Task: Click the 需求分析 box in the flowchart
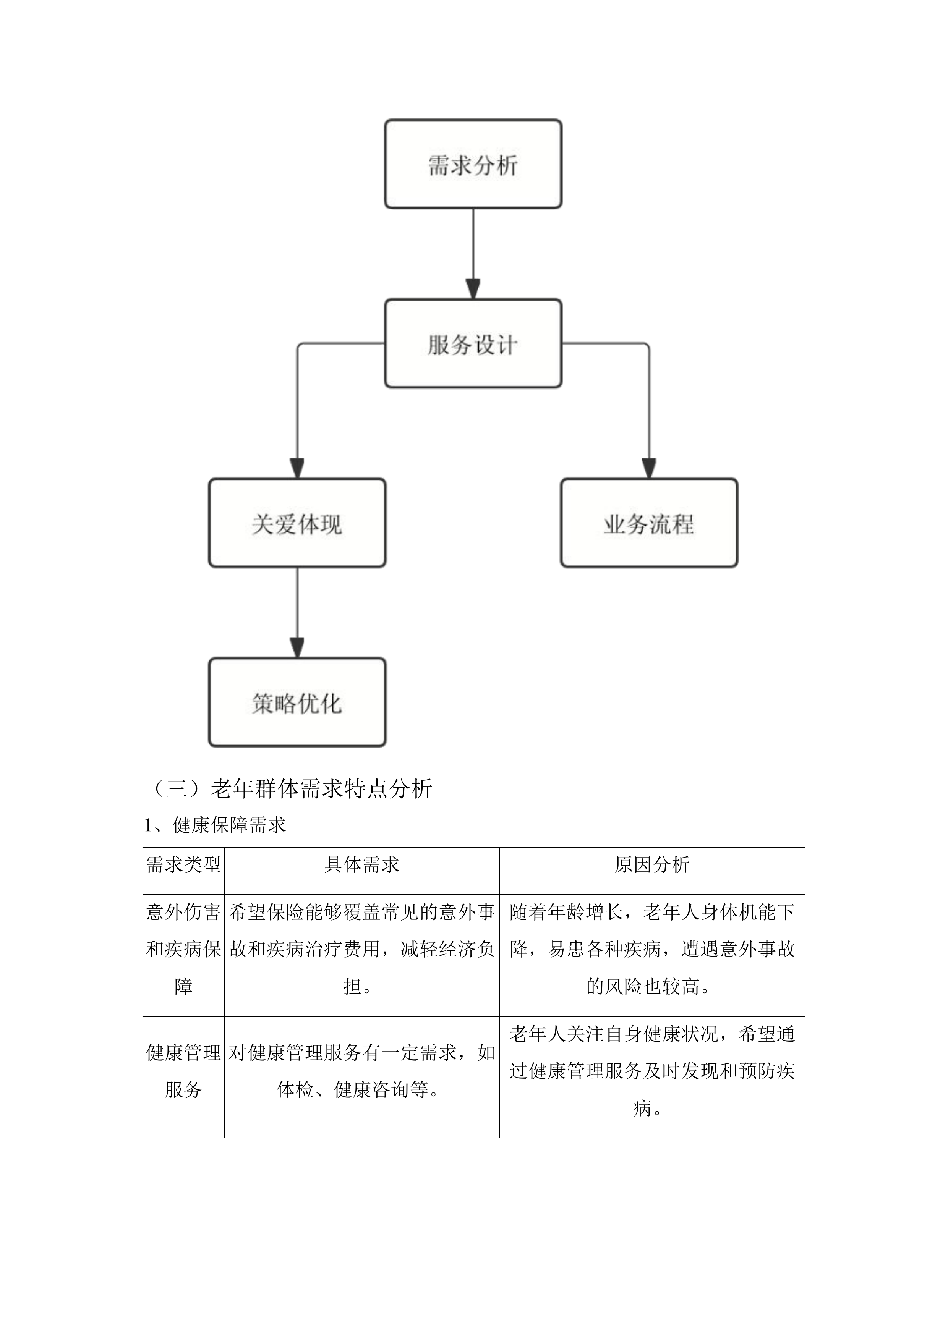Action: point(473,164)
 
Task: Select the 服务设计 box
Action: point(473,344)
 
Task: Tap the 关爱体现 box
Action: point(297,523)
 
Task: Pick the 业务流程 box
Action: point(649,523)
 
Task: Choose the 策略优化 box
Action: point(297,703)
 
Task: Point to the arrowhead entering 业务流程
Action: point(649,469)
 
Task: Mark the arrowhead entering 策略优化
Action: point(297,648)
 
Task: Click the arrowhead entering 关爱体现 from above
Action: point(297,469)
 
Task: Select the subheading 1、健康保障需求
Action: point(215,825)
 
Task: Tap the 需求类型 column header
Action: point(183,865)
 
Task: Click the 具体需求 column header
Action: point(361,865)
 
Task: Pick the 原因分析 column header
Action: point(651,865)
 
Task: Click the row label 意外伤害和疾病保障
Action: point(183,950)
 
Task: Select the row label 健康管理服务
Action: point(183,1071)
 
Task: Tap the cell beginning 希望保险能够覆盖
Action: point(361,950)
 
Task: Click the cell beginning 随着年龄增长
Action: point(651,950)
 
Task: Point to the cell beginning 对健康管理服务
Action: point(361,1071)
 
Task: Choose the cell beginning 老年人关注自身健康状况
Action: point(651,1071)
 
